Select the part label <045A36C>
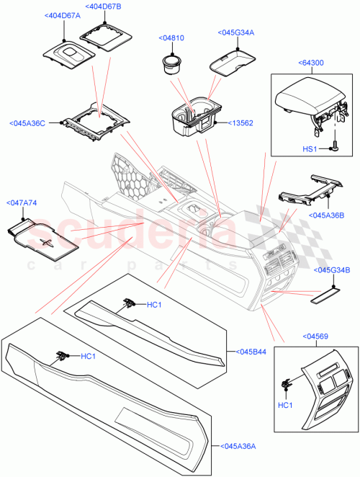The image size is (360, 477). point(30,122)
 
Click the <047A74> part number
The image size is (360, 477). point(22,204)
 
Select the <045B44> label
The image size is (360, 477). point(248,352)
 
